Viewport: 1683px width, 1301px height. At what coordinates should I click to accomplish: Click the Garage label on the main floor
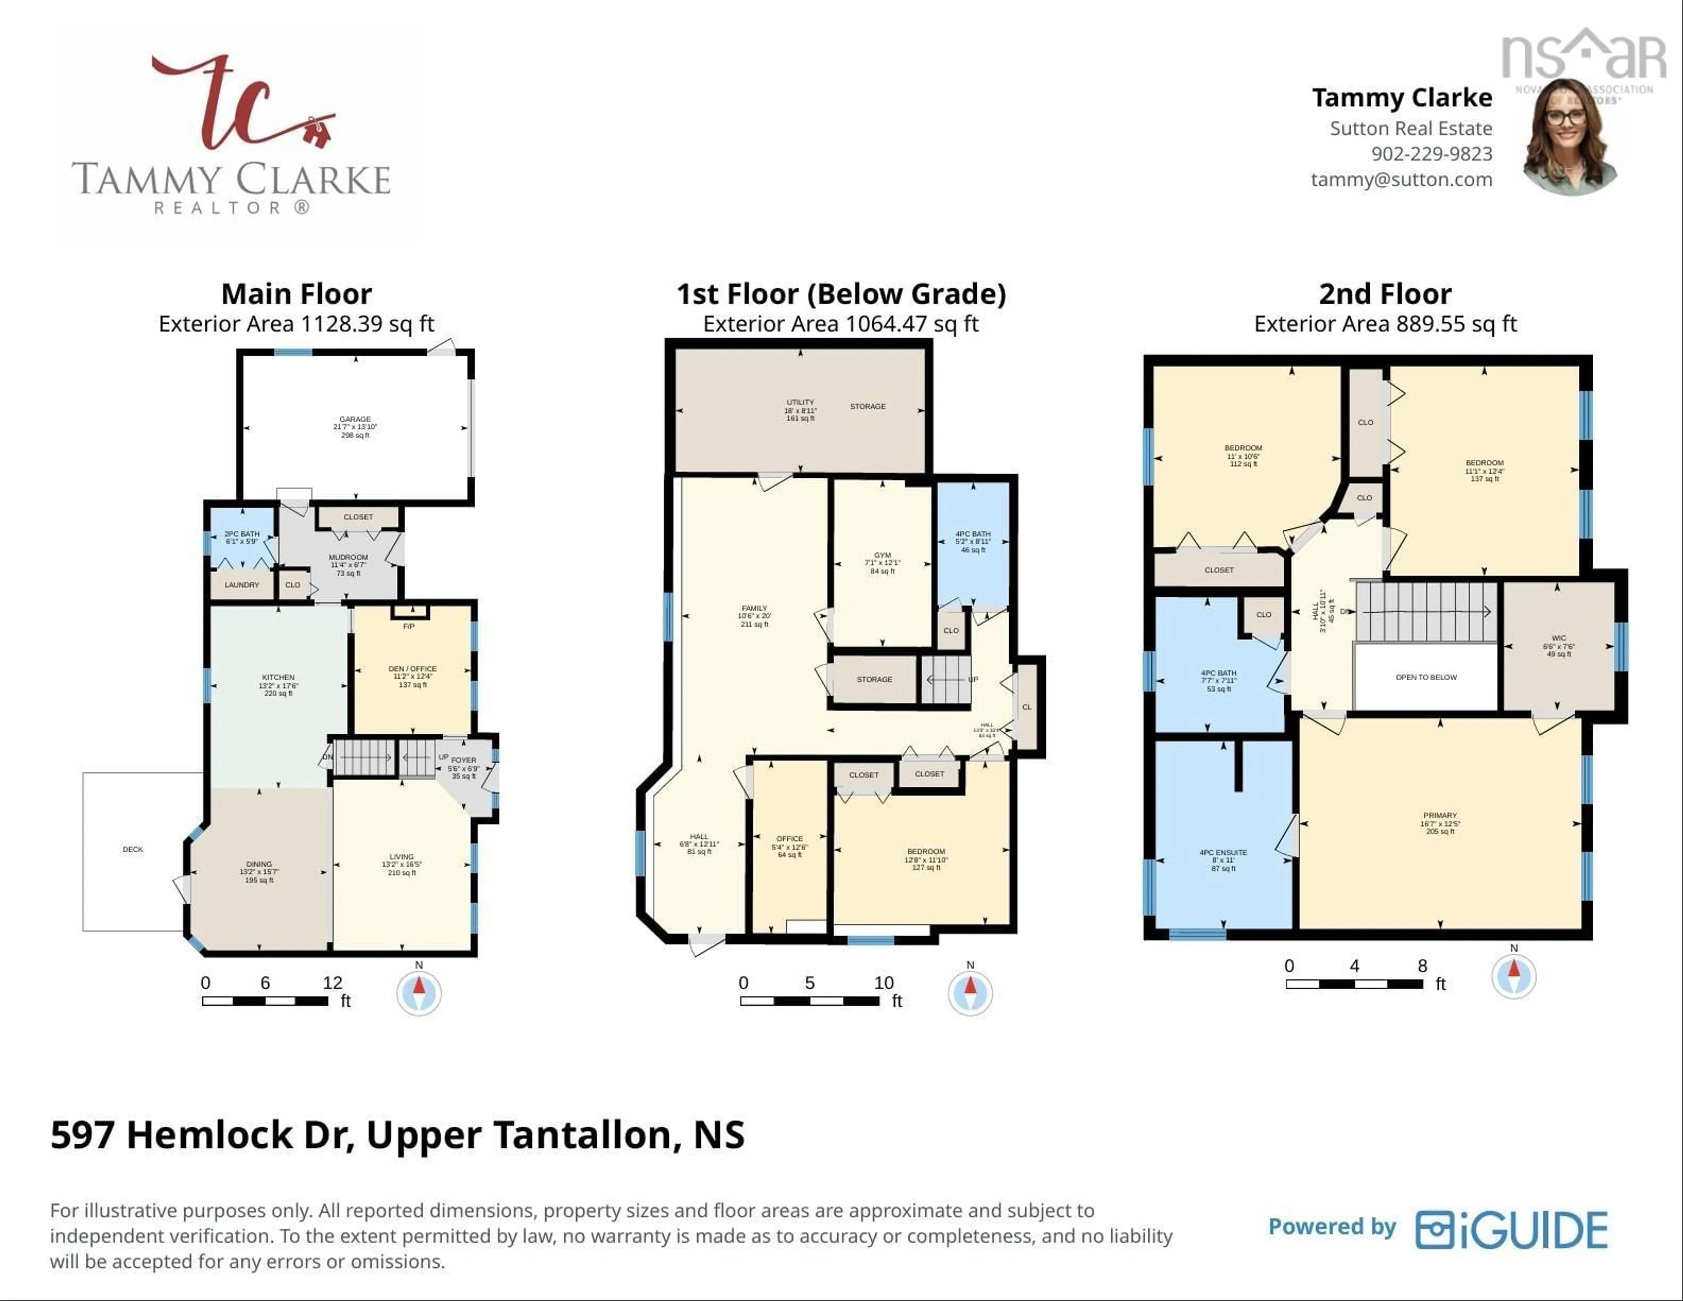355,419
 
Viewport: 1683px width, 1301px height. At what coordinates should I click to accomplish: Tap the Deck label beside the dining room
132,850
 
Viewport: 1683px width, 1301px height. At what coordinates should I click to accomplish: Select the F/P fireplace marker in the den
409,626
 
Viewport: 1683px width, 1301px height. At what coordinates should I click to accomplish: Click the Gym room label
882,555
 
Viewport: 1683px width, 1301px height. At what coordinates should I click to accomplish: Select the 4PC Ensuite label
1223,853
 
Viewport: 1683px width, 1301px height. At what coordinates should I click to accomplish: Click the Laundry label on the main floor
242,585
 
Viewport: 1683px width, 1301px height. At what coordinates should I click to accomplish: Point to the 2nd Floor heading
1385,295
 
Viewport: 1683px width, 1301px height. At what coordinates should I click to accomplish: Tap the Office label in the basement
790,839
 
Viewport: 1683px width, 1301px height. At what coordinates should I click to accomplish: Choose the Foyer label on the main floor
464,760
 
